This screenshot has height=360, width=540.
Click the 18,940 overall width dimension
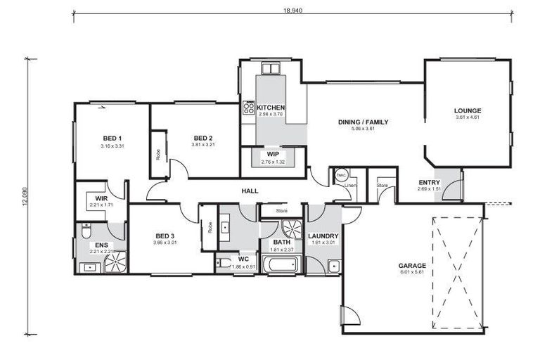[x=292, y=11]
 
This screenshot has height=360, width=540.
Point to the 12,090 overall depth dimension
[x=25, y=196]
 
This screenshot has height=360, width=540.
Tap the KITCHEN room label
[x=270, y=108]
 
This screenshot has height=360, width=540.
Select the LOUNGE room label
[x=467, y=110]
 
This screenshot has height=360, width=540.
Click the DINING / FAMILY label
[x=363, y=122]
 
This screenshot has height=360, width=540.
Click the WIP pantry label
[x=272, y=155]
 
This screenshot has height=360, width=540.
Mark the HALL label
[x=249, y=191]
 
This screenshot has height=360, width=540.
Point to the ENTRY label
[x=429, y=181]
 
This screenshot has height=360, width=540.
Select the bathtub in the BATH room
[x=281, y=264]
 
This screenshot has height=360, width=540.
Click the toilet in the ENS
[x=85, y=231]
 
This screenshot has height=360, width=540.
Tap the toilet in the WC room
[x=223, y=263]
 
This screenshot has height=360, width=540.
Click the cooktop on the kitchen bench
[x=248, y=108]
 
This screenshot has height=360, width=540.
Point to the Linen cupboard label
[x=350, y=186]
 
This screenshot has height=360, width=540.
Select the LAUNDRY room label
[x=324, y=236]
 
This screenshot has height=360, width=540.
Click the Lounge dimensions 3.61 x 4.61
[x=467, y=117]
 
